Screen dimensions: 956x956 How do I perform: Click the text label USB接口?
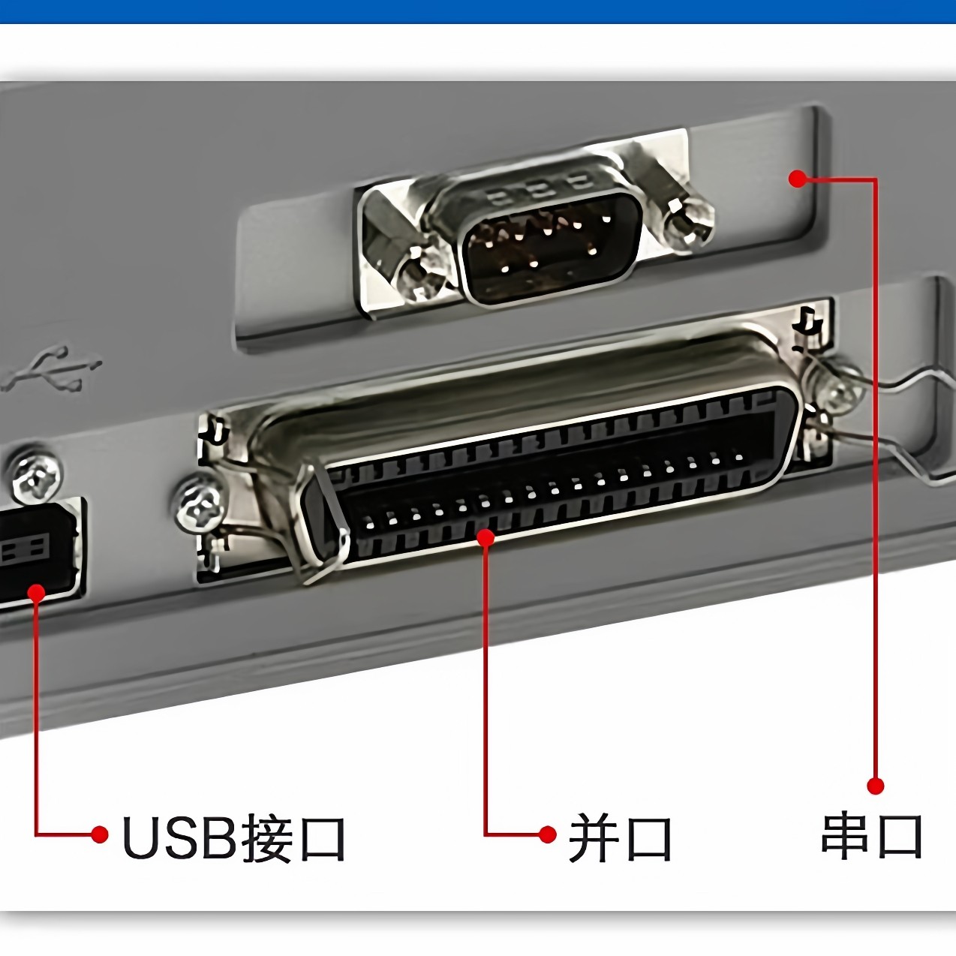(x=233, y=838)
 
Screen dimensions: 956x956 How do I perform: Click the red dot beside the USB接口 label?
(x=99, y=834)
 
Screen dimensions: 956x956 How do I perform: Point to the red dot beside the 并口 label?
(x=549, y=834)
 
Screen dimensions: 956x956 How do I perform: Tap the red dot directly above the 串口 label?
(x=875, y=786)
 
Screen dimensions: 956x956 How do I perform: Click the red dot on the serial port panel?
(x=798, y=179)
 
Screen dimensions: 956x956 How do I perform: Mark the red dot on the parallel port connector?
(x=486, y=537)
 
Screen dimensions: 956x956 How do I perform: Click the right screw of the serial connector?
(x=685, y=221)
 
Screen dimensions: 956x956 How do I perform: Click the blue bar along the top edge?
(x=478, y=11)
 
